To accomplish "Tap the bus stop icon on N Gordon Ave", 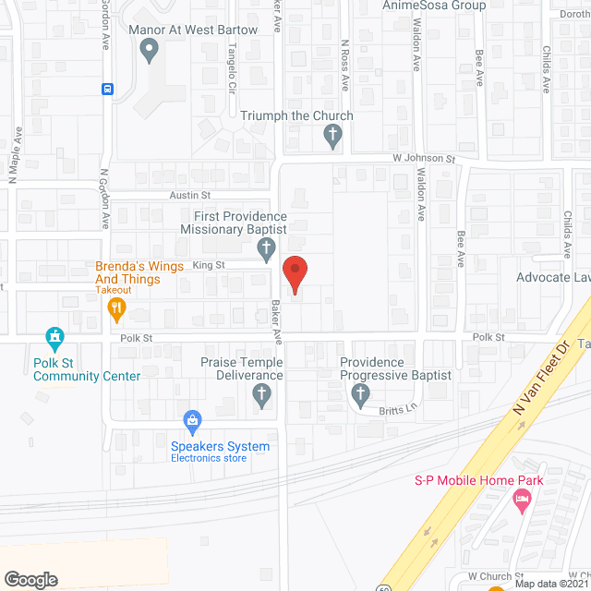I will point(108,89).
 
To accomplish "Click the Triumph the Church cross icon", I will point(332,137).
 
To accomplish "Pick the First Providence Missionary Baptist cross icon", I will point(267,248).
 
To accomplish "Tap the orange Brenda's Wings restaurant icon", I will point(117,308).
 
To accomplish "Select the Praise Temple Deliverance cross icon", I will point(261,396).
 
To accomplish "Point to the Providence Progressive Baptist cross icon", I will point(360,395).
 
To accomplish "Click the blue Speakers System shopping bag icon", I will point(193,423).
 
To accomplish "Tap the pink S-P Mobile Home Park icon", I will point(522,502).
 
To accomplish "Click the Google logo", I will point(30,580).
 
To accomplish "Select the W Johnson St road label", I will point(426,159).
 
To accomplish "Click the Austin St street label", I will point(190,196).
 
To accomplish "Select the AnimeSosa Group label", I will point(434,6).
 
